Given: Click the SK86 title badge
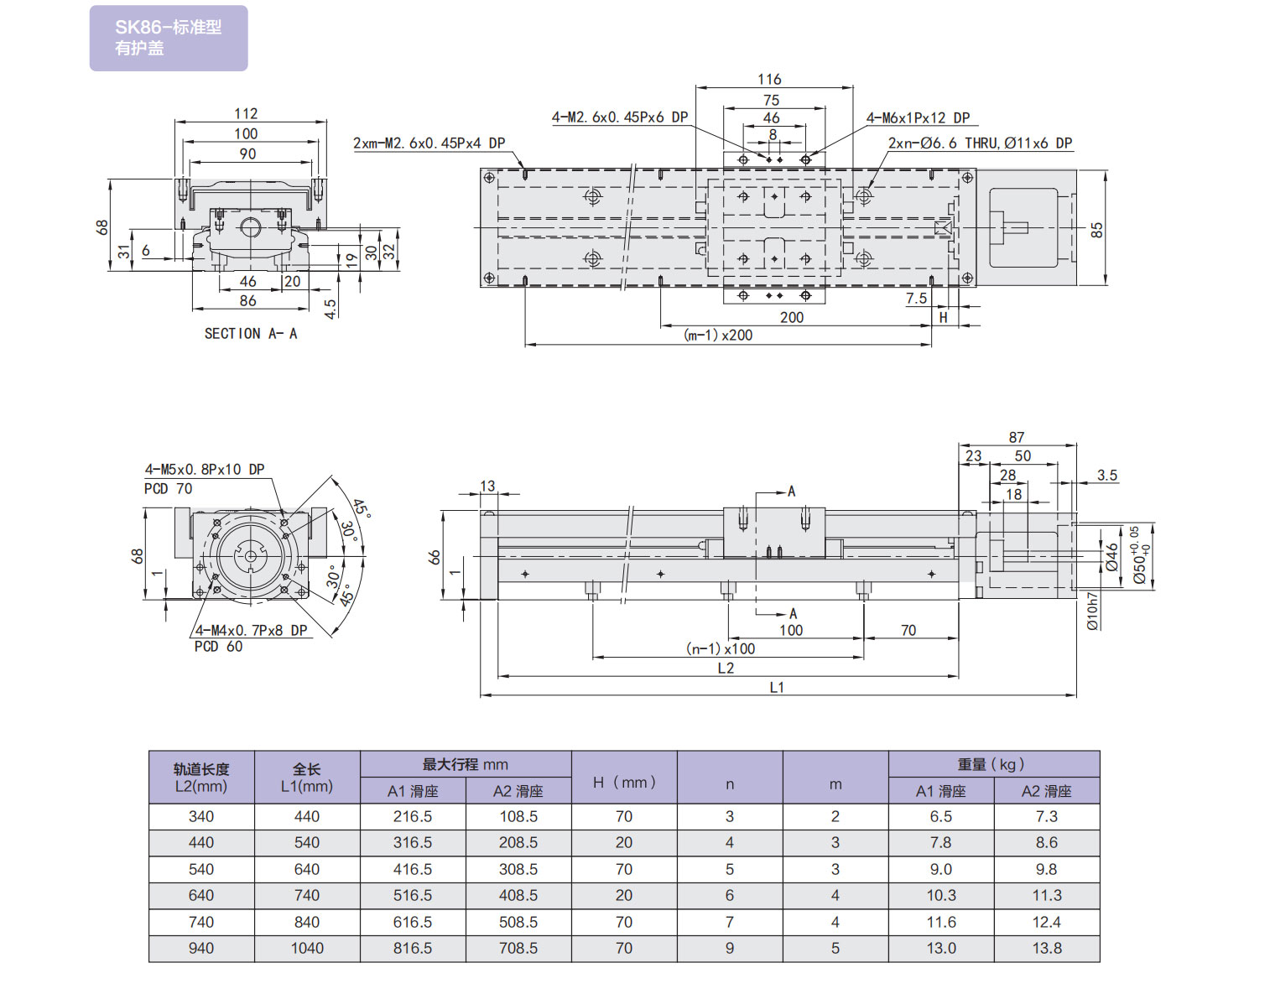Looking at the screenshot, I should click(169, 38).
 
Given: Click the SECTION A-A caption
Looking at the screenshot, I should click(250, 334).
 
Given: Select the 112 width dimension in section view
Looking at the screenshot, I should click(246, 114).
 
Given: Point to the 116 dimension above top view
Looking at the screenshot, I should click(769, 80).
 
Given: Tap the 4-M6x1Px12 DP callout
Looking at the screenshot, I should click(918, 118).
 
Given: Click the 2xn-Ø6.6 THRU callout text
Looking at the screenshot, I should click(980, 143).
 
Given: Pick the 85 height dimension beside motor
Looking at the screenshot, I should click(1096, 229).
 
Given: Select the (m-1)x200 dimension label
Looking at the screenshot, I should click(719, 336).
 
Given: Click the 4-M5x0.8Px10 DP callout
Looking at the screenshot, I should click(205, 470).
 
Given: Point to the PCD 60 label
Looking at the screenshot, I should click(218, 647).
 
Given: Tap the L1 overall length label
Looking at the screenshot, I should click(777, 688).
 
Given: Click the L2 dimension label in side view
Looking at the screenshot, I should click(726, 669).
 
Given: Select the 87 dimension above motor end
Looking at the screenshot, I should click(1017, 438).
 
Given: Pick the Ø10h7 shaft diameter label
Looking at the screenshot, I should click(1092, 611).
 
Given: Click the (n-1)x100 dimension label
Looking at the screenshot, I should click(721, 649).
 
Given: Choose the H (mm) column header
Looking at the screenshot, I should click(624, 783).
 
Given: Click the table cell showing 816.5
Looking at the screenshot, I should click(413, 949).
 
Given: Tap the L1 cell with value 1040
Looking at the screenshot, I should click(307, 949).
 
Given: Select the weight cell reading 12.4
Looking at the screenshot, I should click(1047, 923).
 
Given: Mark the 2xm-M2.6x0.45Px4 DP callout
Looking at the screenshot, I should click(429, 143).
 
